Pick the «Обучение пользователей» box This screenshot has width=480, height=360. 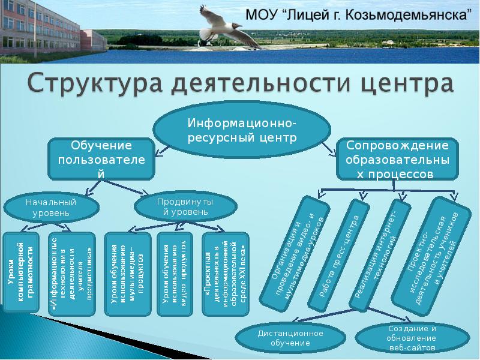pyautogui.click(x=101, y=160)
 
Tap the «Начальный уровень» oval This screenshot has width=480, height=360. pyautogui.click(x=51, y=208)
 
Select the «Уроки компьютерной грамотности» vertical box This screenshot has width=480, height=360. pyautogui.click(x=23, y=273)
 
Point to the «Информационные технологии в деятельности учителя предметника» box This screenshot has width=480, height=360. pyautogui.click(x=71, y=273)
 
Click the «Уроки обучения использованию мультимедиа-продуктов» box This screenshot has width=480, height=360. pyautogui.click(x=127, y=273)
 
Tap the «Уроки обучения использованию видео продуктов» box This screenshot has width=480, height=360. pyautogui.click(x=174, y=273)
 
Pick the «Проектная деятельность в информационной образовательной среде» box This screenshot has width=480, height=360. pyautogui.click(x=222, y=273)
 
